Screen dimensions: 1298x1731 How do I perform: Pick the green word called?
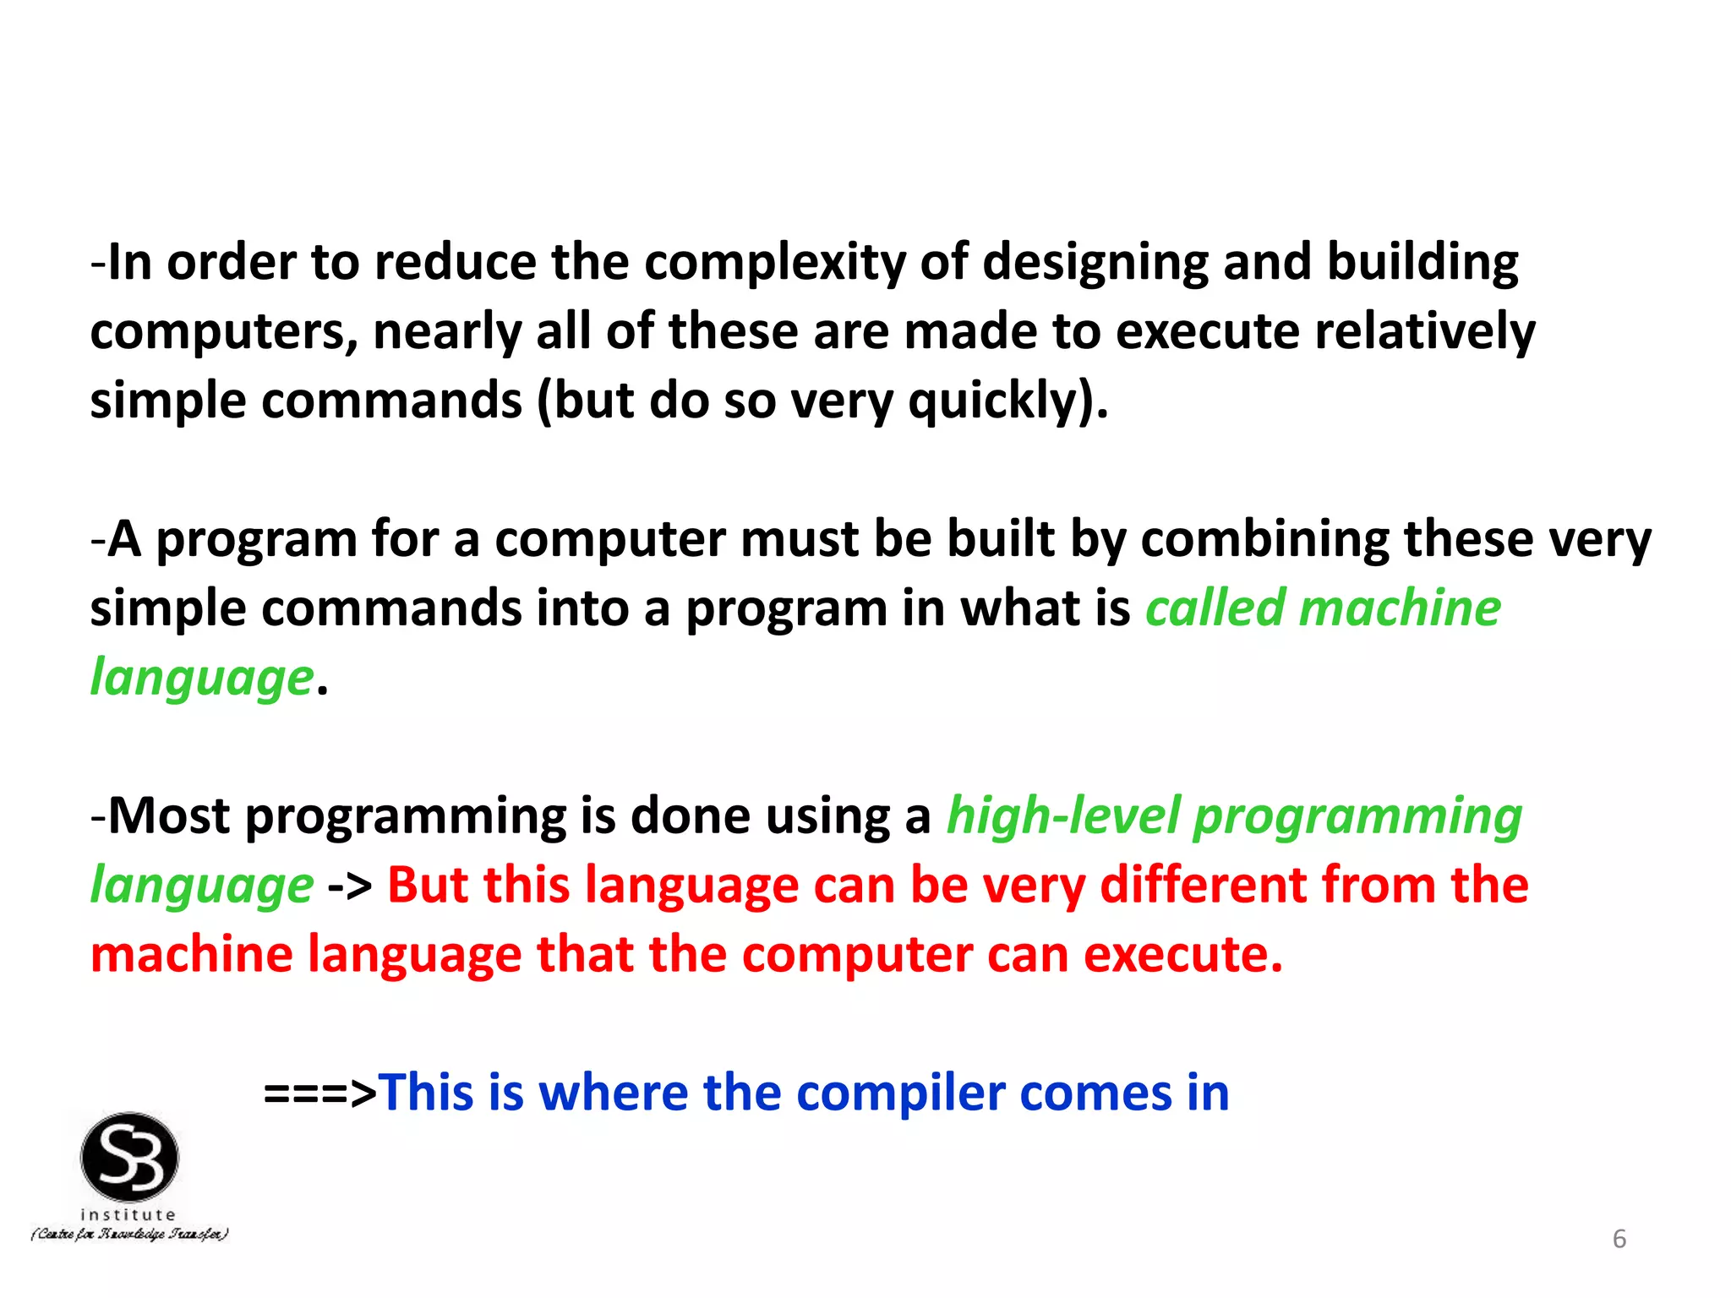(x=1215, y=608)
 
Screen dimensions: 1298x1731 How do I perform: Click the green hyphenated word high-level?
(x=1062, y=816)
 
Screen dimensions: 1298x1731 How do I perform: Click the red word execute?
(x=1182, y=955)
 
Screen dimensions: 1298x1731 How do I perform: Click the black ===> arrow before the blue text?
(x=319, y=1093)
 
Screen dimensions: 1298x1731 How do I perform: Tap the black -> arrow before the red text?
(x=350, y=886)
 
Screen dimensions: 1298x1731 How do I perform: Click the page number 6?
(x=1619, y=1239)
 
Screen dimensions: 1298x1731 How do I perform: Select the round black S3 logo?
(x=129, y=1157)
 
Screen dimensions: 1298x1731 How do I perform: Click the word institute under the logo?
(x=128, y=1214)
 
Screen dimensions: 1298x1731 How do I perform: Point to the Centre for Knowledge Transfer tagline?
(x=129, y=1235)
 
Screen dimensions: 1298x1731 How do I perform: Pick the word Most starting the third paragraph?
(x=169, y=816)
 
